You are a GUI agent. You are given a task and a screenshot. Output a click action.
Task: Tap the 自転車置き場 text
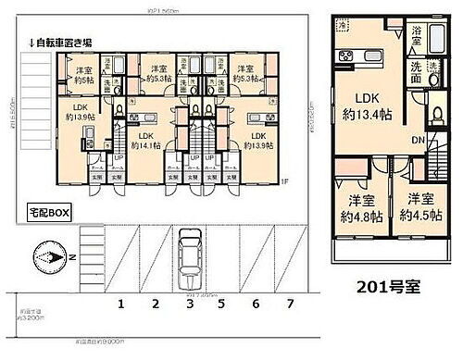coord(61,42)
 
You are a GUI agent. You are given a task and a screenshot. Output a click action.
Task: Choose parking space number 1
coord(119,303)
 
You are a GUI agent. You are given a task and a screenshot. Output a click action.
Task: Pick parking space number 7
coord(289,303)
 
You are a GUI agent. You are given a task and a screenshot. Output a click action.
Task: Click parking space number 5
coord(221,303)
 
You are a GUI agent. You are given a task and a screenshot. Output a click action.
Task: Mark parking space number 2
coord(155,303)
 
